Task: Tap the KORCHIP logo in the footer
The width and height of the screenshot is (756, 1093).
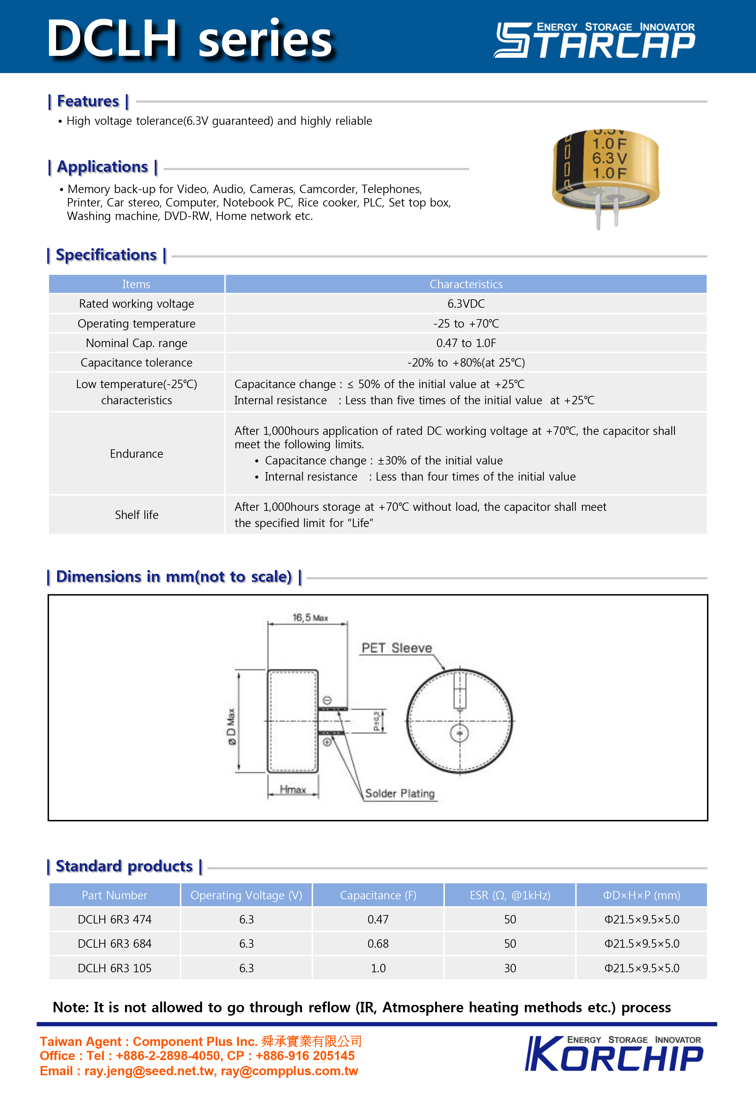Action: [x=614, y=1054]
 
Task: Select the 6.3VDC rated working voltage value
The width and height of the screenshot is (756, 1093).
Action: [x=466, y=304]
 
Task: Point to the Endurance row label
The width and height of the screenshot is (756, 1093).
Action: [x=136, y=454]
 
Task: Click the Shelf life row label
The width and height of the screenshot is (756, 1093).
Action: [x=136, y=515]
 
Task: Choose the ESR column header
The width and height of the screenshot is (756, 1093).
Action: [x=510, y=895]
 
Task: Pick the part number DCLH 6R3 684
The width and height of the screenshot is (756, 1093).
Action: [x=115, y=943]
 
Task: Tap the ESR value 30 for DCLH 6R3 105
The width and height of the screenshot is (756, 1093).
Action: [x=510, y=968]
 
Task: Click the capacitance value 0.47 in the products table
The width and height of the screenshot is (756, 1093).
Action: [x=378, y=919]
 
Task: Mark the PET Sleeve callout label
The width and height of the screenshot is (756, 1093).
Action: [x=396, y=648]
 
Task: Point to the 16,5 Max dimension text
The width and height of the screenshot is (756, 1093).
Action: [x=310, y=617]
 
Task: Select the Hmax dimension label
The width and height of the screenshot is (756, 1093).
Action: [x=293, y=790]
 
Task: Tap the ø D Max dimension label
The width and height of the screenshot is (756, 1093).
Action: [x=231, y=727]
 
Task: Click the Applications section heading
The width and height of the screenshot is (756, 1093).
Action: [x=102, y=167]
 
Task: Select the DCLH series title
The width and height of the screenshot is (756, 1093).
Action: [x=190, y=39]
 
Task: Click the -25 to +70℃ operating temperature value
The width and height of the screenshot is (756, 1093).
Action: [x=466, y=324]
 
